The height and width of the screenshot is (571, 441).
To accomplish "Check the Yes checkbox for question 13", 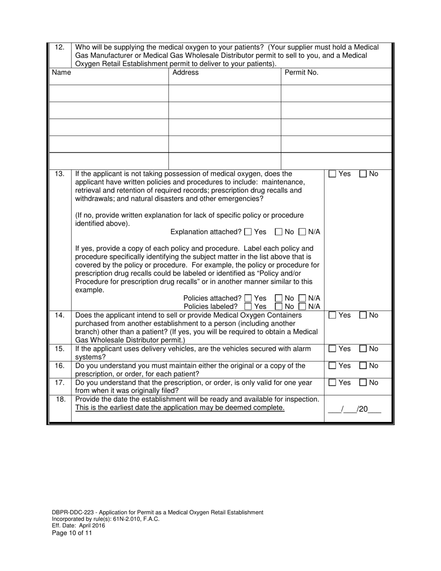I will click(x=332, y=174).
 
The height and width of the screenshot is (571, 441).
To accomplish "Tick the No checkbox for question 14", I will click(x=363, y=315).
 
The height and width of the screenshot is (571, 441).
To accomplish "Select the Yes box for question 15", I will click(x=332, y=349).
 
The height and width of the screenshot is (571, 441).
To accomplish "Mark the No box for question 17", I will click(x=363, y=383).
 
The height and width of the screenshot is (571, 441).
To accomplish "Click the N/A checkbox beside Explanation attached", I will click(x=302, y=232).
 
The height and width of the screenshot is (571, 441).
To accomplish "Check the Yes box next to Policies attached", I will click(x=248, y=298).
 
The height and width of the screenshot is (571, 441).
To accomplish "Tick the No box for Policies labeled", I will click(x=279, y=306).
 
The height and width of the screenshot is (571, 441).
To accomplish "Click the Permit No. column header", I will click(x=301, y=72).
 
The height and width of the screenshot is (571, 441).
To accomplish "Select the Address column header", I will click(x=185, y=72).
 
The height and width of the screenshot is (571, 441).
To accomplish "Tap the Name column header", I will click(x=61, y=72).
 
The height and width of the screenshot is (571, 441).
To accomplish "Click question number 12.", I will click(x=59, y=47).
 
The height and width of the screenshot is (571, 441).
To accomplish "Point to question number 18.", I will click(x=59, y=399).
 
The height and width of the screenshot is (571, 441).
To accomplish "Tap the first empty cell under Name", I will click(x=109, y=93).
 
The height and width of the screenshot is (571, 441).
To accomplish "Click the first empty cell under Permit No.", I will click(x=336, y=93).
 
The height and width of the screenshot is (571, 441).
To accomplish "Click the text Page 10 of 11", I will click(x=72, y=533).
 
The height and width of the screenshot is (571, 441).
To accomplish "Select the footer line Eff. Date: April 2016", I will click(x=78, y=526).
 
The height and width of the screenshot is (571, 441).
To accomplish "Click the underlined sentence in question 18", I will click(x=180, y=408).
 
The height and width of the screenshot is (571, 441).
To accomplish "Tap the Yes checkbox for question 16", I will click(x=332, y=366).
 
